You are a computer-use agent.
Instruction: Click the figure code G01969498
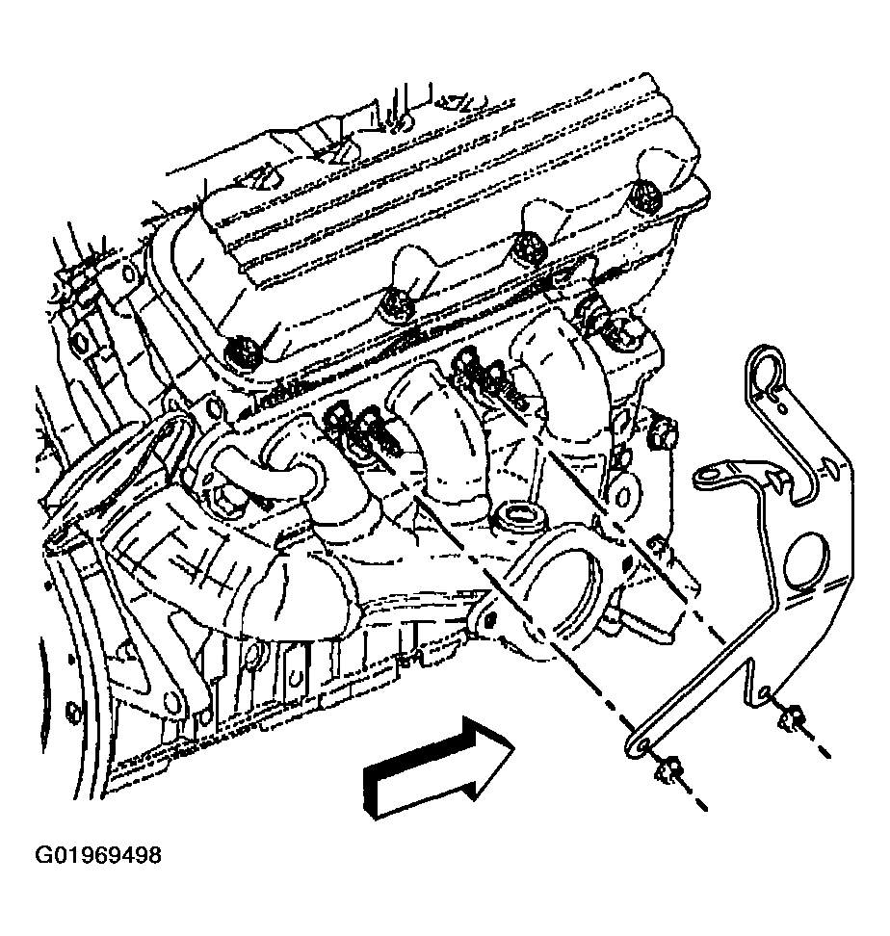(98, 855)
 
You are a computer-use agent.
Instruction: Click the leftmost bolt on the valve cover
(244, 351)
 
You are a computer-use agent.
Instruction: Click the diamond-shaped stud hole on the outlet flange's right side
(628, 562)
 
